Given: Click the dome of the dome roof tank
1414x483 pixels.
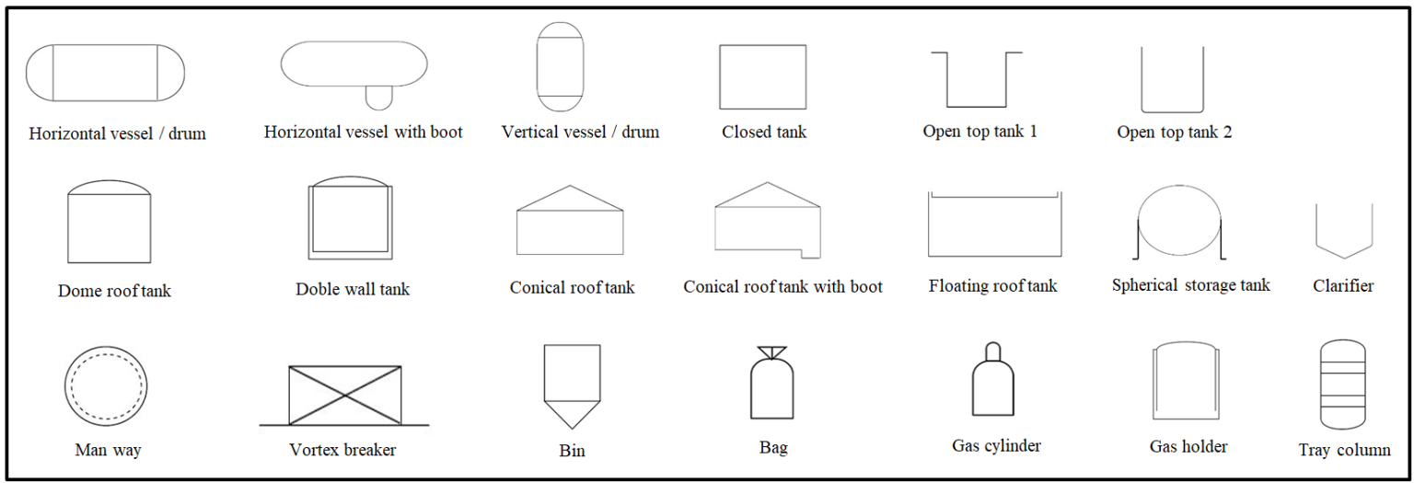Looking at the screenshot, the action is point(110,181).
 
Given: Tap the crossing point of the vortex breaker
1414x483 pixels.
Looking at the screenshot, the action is point(344,396).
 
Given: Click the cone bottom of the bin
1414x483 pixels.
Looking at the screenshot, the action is point(573,415).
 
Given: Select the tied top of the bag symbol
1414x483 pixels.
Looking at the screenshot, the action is point(772,352).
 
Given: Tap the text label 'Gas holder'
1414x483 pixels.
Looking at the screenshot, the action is point(1188,446).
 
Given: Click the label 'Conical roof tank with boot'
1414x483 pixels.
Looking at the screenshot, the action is point(782,287).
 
